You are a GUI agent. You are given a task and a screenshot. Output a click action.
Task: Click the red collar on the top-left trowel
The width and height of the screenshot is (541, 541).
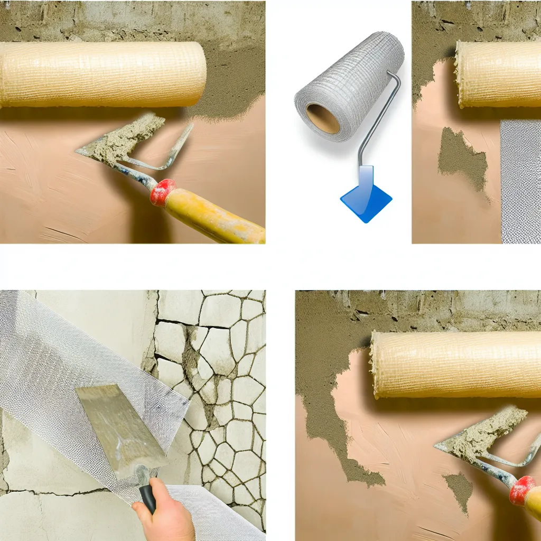point(162,192)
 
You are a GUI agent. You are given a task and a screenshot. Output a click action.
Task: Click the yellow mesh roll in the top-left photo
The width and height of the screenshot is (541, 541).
point(100,74)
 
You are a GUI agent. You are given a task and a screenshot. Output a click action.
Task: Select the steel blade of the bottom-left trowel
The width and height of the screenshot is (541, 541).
point(119,428)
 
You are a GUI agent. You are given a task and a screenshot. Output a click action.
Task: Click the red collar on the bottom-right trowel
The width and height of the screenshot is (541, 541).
point(522,490)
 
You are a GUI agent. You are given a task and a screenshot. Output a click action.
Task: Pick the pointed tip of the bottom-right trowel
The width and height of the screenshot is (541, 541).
point(436,447)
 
